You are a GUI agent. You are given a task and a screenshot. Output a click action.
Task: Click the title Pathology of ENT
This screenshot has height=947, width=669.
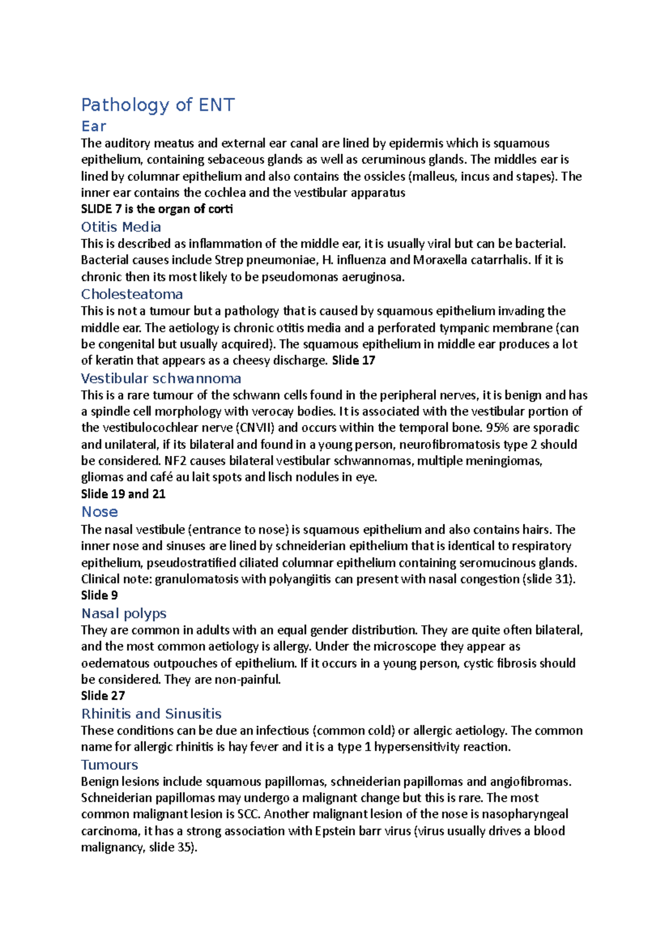[158, 105]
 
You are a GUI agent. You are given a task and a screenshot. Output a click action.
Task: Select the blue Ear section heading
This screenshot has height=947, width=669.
[94, 126]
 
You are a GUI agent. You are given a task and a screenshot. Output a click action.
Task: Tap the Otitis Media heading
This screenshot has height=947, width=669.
[121, 227]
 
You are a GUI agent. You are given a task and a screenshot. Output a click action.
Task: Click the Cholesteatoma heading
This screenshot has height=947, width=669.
[132, 294]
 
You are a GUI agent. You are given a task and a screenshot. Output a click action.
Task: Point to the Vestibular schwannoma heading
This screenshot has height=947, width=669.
[161, 378]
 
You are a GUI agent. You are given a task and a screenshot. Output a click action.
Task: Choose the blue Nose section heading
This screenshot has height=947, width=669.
[100, 512]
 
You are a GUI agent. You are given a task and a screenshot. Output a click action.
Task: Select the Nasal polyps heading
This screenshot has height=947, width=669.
[124, 613]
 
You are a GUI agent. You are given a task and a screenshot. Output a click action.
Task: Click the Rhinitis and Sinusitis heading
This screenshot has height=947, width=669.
[151, 714]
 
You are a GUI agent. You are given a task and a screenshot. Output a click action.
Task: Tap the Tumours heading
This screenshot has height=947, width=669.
[110, 765]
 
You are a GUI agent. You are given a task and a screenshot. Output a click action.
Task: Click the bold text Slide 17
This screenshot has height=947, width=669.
[353, 361]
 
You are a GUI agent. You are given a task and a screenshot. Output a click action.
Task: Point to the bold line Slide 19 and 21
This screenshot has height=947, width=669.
[123, 494]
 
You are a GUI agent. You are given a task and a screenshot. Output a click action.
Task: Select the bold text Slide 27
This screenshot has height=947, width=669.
[103, 696]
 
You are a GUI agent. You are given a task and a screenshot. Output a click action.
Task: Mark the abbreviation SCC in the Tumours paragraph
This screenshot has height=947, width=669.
[249, 814]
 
